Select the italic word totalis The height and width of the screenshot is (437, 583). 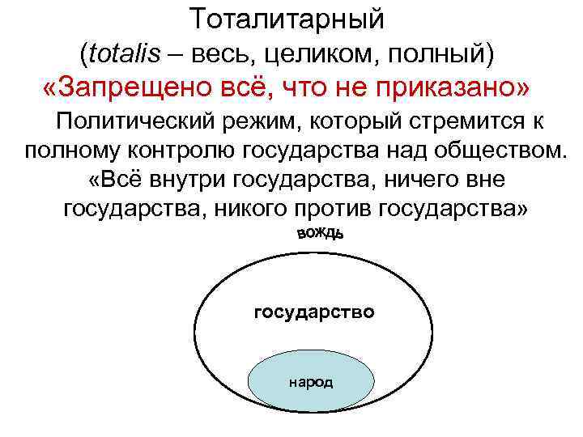tap(132, 53)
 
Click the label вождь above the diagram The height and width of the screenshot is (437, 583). tap(321, 234)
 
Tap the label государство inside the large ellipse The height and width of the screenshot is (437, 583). tap(314, 311)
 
